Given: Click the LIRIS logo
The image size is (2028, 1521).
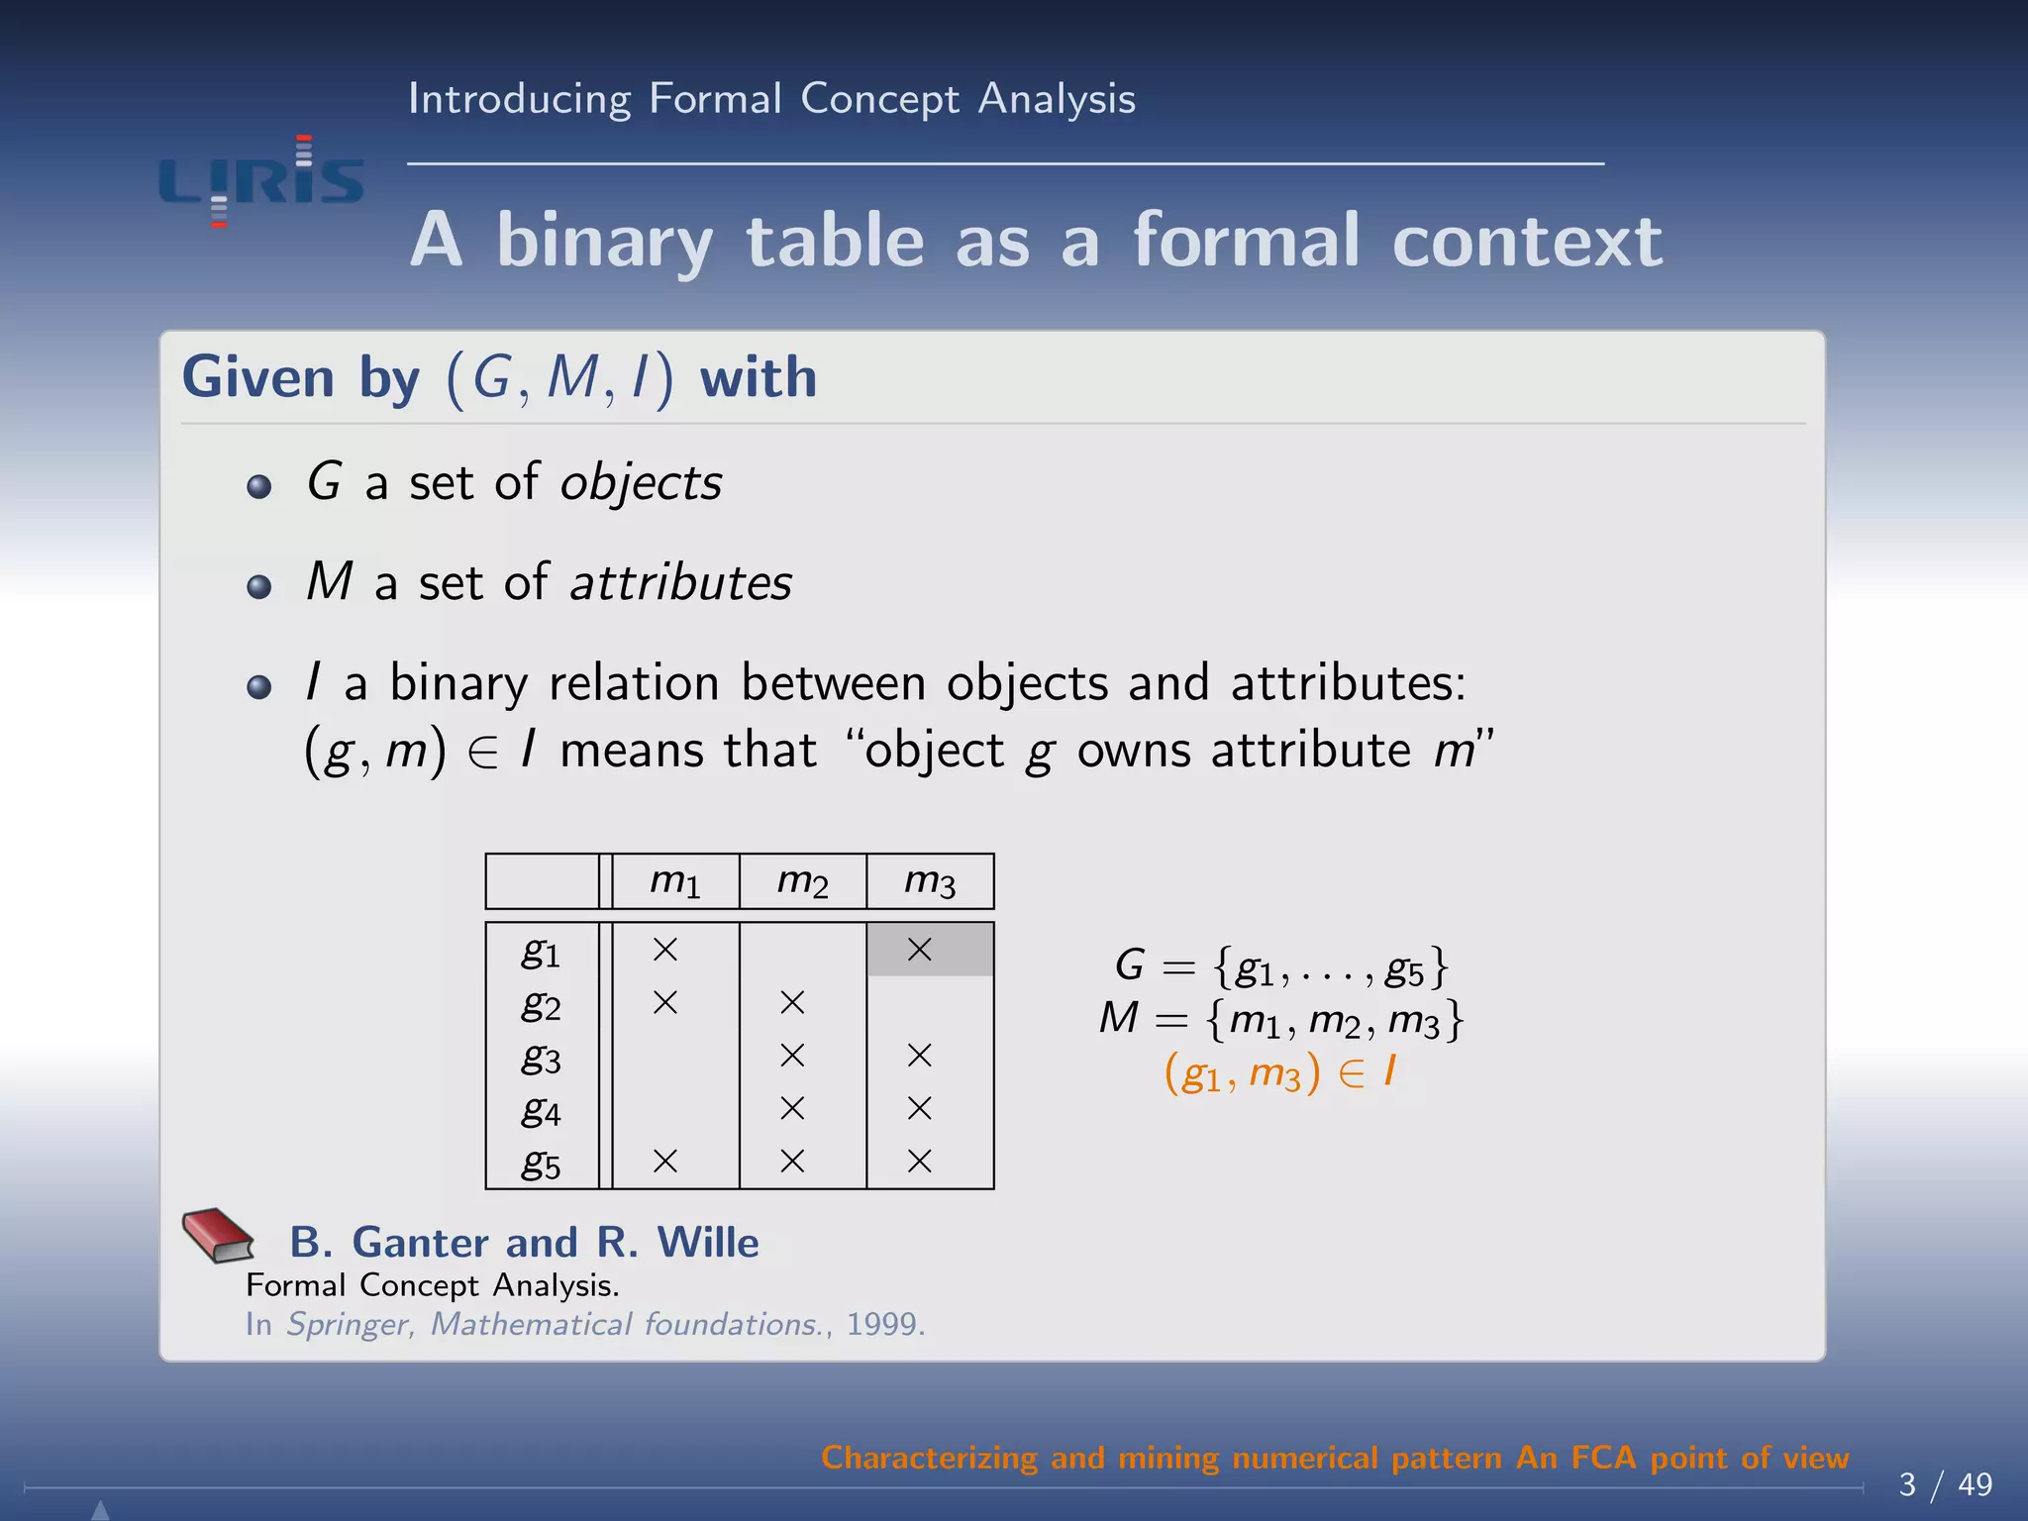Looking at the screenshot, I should [x=261, y=182].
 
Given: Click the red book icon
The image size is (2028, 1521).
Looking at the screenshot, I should [x=218, y=1235].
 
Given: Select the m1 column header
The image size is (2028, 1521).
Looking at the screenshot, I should [x=675, y=880].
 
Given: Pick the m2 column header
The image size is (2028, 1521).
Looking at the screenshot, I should [x=802, y=880].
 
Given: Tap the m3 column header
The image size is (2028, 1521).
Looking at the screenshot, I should [x=930, y=880].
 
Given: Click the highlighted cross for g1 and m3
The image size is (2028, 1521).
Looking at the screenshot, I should [x=920, y=950].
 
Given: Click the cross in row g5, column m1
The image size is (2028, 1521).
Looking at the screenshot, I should [x=665, y=1161].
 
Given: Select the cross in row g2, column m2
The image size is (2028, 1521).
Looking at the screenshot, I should [x=792, y=1003].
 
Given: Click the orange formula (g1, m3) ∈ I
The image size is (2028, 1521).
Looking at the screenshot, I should [x=1280, y=1072].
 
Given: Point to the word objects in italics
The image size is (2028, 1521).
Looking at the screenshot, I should [x=641, y=482].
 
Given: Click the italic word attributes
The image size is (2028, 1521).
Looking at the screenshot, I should [x=681, y=582].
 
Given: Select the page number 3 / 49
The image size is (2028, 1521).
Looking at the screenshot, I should [x=1945, y=1484].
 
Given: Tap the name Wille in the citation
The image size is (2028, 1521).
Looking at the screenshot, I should [x=708, y=1242].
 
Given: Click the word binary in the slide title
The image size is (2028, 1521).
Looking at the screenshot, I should [x=604, y=241].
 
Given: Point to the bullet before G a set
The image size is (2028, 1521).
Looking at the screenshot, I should [x=259, y=486].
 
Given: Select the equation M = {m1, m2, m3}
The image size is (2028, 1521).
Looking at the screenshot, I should [x=1280, y=1019].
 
